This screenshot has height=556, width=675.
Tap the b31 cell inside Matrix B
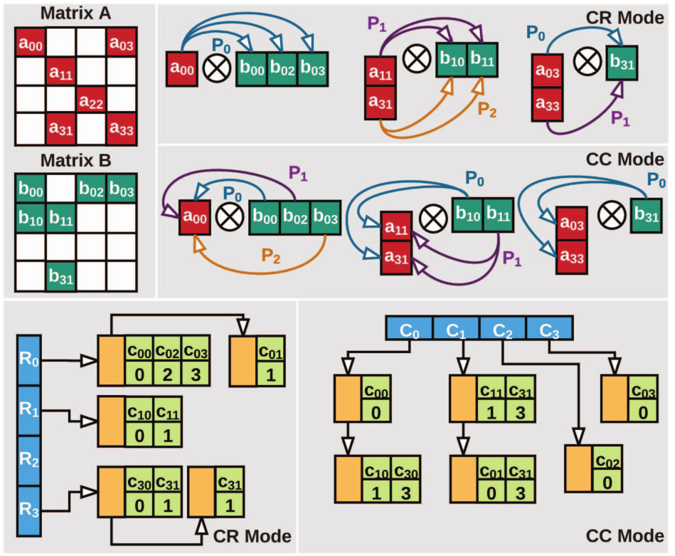(61, 273)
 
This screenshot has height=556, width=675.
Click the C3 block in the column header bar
(548, 330)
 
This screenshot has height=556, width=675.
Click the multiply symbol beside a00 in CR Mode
(214, 69)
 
